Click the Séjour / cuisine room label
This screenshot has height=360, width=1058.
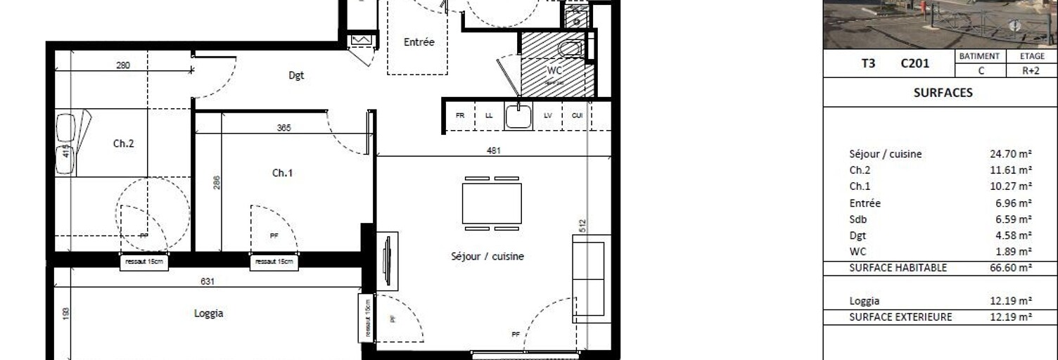[487, 257]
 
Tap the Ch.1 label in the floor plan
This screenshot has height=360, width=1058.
[282, 173]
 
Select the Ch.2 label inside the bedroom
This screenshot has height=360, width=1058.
[123, 143]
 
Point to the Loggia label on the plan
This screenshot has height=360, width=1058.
[209, 314]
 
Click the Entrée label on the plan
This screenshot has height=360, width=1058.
[419, 42]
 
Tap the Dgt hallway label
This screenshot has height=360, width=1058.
[297, 76]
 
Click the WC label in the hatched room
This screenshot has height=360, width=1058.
[555, 71]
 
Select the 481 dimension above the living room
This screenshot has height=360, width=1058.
[494, 150]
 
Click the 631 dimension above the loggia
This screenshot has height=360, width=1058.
[208, 281]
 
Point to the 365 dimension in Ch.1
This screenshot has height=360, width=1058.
[284, 128]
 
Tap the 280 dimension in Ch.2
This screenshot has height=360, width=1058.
[123, 65]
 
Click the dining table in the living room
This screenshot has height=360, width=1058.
[492, 202]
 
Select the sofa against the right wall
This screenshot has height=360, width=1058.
[588, 278]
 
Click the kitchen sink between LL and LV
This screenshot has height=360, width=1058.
[520, 117]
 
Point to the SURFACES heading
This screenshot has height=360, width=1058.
[943, 92]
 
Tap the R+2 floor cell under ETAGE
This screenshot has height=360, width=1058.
[1032, 71]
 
